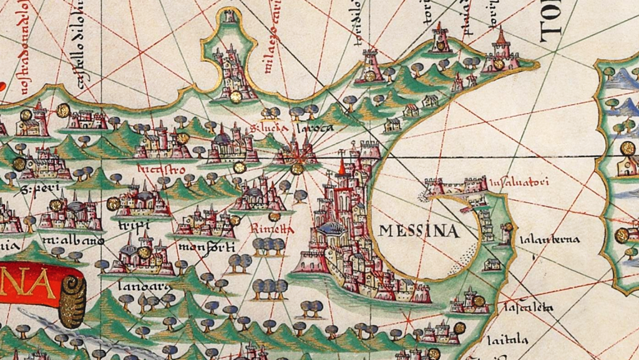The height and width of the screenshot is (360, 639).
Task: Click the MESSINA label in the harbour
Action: click(419, 231)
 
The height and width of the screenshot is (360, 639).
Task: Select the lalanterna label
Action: click(539, 240)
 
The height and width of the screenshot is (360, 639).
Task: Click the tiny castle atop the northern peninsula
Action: click(230, 17)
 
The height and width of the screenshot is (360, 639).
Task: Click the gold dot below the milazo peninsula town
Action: click(235, 97)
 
